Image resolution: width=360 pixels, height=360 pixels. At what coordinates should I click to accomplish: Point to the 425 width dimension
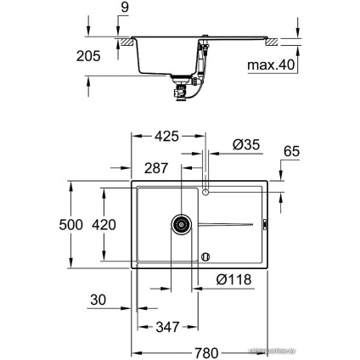168,133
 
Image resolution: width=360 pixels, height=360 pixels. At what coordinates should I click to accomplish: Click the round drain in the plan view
181,225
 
